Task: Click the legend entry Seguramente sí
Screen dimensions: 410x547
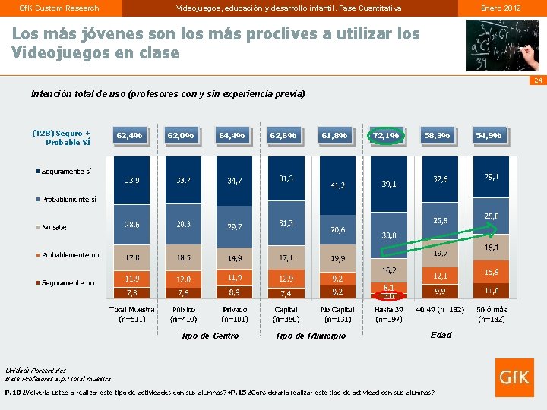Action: coord(66,172)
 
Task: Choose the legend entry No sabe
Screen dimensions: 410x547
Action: coord(54,227)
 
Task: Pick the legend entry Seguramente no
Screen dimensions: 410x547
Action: coord(66,282)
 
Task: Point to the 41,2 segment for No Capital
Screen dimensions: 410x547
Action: coord(337,185)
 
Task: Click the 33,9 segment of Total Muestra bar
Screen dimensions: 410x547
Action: coord(132,181)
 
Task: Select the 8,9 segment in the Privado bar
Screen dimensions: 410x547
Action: coord(235,292)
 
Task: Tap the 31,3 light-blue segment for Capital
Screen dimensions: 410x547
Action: coord(286,223)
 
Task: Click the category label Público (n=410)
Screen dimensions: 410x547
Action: coord(184,314)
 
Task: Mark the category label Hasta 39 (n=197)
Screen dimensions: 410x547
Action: coord(389,314)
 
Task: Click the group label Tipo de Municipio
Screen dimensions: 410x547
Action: coord(310,336)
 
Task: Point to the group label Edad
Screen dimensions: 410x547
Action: coord(441,335)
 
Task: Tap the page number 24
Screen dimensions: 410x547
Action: coord(537,80)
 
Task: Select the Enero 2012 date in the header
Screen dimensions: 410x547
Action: coord(501,8)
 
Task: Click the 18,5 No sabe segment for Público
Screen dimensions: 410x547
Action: coord(184,258)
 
